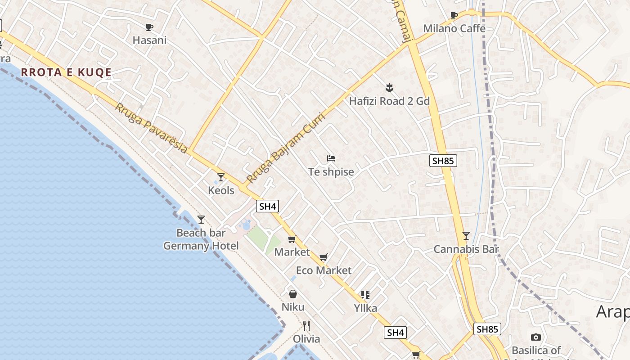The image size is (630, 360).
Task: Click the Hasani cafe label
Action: [149, 40]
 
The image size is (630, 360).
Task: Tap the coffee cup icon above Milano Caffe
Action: [454, 16]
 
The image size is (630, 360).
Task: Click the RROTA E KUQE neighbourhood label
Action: [66, 72]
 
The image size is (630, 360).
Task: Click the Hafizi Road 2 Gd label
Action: [389, 101]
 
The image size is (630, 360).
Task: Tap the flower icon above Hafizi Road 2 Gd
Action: [390, 87]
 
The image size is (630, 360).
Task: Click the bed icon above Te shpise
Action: [331, 158]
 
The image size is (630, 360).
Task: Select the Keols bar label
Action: [221, 190]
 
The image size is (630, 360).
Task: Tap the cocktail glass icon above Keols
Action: [221, 177]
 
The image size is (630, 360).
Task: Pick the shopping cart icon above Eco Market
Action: [323, 257]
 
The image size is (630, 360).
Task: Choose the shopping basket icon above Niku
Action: [293, 294]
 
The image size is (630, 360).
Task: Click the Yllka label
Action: [365, 308]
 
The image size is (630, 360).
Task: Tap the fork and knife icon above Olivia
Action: [306, 325]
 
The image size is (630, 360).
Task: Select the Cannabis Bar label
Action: [466, 249]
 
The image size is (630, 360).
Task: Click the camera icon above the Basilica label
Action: [535, 337]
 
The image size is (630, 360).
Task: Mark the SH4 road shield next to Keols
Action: [268, 207]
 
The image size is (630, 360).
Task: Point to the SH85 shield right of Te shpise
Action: [443, 161]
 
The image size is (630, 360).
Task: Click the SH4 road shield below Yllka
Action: [396, 333]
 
